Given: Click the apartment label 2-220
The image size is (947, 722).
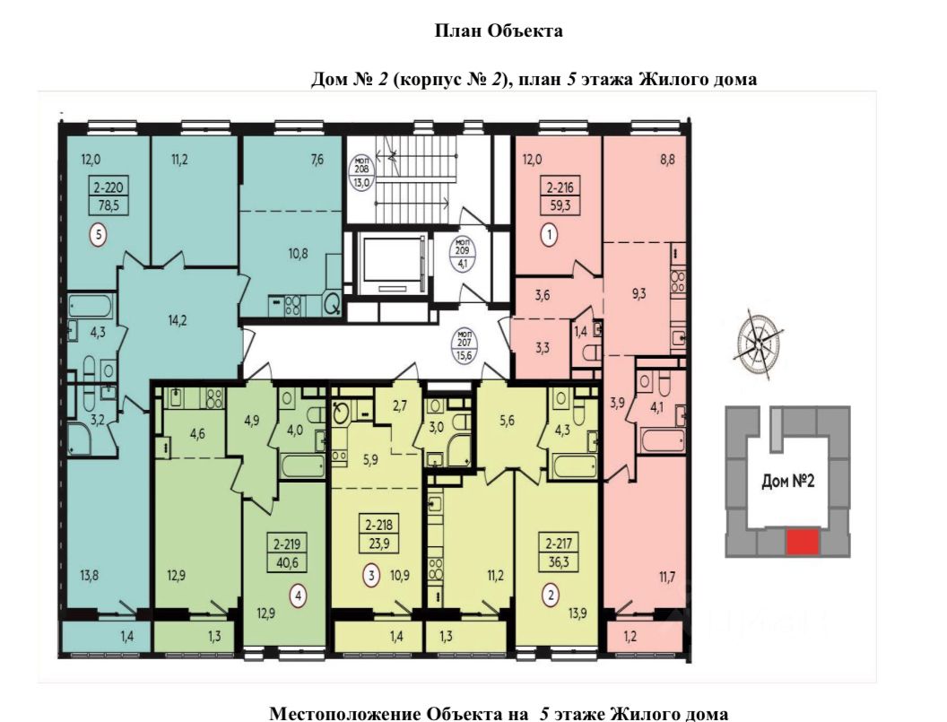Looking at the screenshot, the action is (x=109, y=188).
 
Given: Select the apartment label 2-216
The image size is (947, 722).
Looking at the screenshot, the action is (x=560, y=188).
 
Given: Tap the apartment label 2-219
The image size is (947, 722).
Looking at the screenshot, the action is (x=286, y=544).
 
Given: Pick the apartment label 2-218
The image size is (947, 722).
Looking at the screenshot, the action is (x=378, y=525).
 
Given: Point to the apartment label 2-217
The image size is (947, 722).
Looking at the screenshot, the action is (x=558, y=544).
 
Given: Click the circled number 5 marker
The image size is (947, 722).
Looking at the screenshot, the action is (x=98, y=234).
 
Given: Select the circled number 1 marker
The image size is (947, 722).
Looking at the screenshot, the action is (x=549, y=235).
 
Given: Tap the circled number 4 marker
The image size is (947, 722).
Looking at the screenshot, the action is (x=298, y=596).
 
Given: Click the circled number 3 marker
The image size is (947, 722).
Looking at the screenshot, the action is (x=372, y=575).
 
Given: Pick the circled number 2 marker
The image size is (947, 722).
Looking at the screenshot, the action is (x=551, y=596).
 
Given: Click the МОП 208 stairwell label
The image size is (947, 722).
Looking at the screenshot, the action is (x=361, y=170).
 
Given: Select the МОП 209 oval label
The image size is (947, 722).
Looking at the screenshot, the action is (x=465, y=255).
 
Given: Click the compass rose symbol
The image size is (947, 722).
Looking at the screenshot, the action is (x=759, y=344).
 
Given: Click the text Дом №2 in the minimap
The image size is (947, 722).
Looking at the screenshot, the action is (x=788, y=481).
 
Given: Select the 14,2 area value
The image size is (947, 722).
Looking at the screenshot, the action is (x=177, y=320).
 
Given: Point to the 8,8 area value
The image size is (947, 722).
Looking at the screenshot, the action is (x=667, y=161).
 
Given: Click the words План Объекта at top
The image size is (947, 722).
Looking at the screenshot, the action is (x=499, y=31).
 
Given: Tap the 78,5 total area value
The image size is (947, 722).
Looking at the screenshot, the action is (x=109, y=205).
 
